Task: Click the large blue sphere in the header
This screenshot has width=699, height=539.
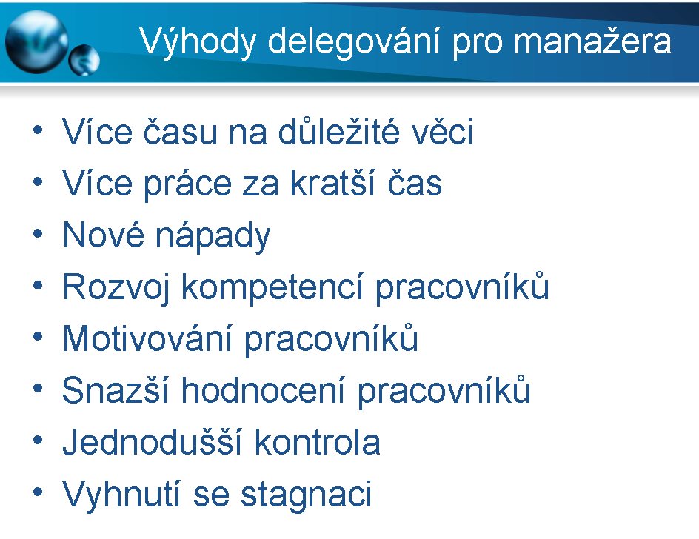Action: (x=37, y=42)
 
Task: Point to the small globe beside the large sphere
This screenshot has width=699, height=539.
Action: (x=84, y=60)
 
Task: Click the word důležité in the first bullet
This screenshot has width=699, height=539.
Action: (x=338, y=131)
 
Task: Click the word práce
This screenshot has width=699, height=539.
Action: (x=187, y=184)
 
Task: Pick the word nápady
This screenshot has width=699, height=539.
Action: (x=213, y=236)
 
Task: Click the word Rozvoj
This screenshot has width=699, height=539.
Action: (x=116, y=288)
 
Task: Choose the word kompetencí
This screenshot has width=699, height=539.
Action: (x=272, y=288)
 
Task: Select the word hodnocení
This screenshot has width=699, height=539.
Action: (x=263, y=390)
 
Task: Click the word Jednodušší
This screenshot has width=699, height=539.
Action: (x=153, y=442)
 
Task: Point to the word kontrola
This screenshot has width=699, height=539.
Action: (x=318, y=442)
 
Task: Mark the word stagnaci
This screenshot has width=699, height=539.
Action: (x=307, y=495)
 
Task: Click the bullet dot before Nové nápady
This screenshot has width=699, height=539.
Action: (x=38, y=234)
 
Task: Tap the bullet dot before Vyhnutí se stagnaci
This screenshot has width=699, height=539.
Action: (x=38, y=492)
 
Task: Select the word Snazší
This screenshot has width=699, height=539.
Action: (x=116, y=390)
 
